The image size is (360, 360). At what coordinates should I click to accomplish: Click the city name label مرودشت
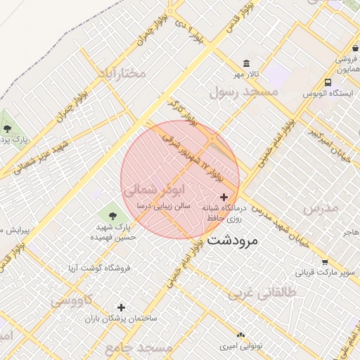pos(233,240)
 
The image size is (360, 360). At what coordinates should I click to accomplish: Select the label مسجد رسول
pos(244,91)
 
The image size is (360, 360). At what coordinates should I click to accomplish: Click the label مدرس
pos(321,208)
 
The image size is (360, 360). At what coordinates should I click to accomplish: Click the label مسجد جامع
pos(139,348)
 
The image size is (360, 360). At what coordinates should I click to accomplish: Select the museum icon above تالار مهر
pos(246,63)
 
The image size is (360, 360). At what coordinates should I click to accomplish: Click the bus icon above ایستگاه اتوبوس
pos(328,82)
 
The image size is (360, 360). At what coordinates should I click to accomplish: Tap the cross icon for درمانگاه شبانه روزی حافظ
pos(224,198)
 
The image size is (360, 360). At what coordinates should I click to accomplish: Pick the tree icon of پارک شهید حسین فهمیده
pos(112,212)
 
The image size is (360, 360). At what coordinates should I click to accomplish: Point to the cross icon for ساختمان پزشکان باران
pos(122,307)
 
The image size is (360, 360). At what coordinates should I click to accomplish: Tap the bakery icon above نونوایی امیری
pos(241,335)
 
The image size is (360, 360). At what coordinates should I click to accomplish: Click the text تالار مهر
pos(247,74)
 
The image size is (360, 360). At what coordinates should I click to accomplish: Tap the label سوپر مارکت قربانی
pos(323,272)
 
